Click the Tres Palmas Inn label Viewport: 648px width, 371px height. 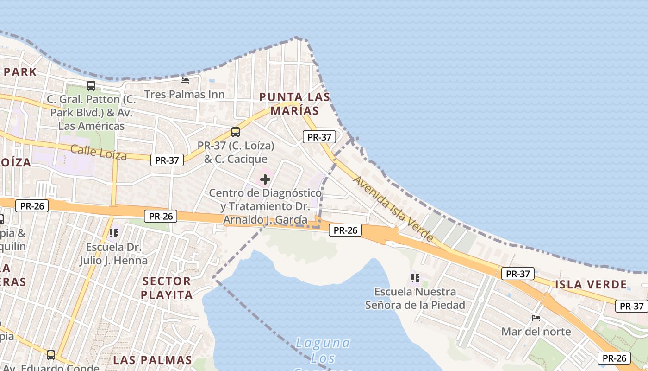[x=184, y=95]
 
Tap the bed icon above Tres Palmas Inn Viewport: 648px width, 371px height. [x=184, y=81]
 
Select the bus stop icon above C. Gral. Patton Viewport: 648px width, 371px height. [x=91, y=86]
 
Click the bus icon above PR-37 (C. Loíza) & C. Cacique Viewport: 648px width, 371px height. [x=236, y=132]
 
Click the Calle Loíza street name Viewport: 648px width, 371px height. [x=99, y=152]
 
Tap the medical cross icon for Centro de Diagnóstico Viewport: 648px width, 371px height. [x=265, y=179]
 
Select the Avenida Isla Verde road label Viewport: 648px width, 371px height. [x=393, y=208]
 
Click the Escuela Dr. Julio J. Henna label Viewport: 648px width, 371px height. [x=113, y=254]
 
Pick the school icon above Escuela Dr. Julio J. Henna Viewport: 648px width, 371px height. [x=114, y=233]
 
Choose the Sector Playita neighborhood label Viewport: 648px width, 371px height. [x=167, y=288]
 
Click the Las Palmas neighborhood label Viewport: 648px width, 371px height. [x=152, y=360]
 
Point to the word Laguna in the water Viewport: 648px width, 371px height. [x=323, y=343]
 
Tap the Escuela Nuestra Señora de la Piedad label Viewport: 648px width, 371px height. [x=415, y=298]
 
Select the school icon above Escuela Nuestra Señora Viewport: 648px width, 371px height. [x=415, y=278]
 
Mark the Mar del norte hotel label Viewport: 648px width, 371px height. [x=536, y=332]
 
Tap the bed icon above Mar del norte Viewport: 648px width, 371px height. [x=536, y=318]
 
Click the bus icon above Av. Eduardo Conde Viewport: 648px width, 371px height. [x=51, y=355]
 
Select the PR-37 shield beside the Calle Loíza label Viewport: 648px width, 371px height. [x=167, y=160]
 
